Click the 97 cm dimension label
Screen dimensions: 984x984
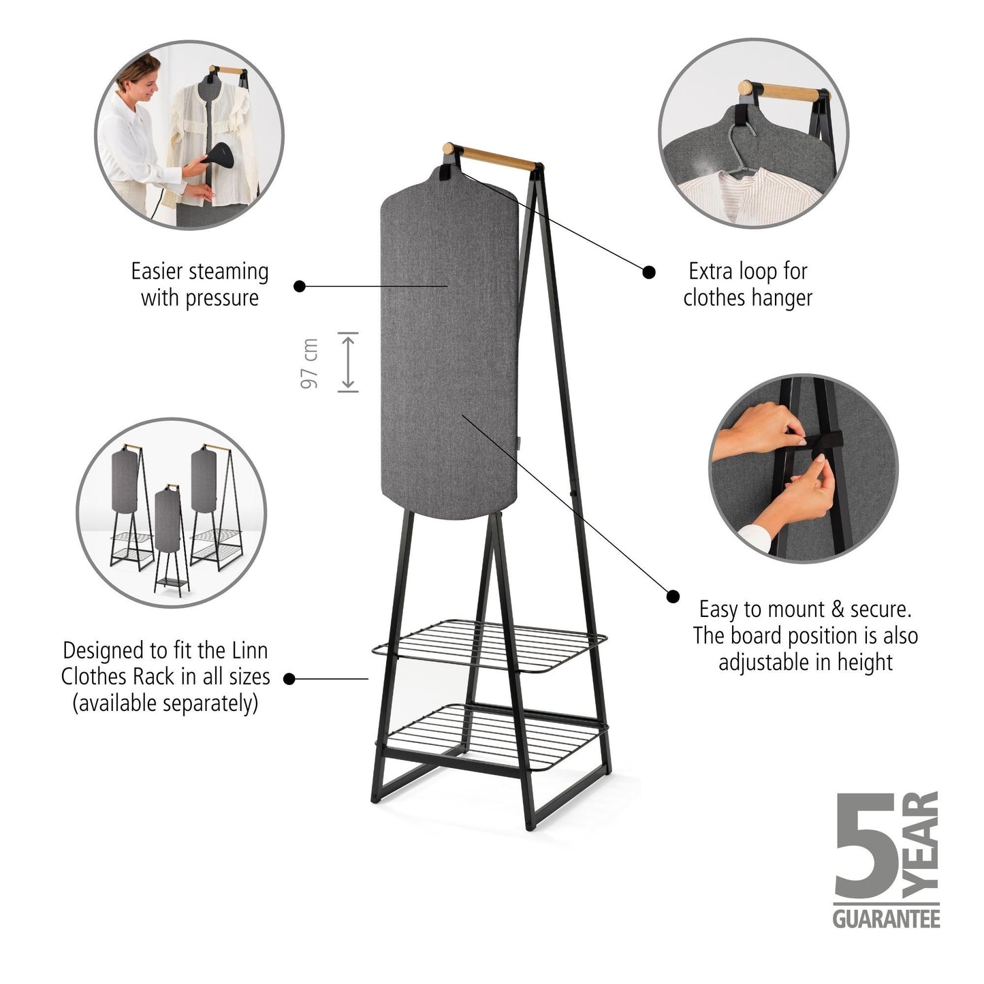[x=310, y=363]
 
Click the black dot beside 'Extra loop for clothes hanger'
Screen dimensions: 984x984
[x=649, y=272]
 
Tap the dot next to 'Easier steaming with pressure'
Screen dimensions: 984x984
[x=300, y=286]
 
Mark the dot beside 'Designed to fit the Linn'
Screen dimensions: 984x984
[x=289, y=678]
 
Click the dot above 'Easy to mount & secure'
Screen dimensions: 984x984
[x=673, y=596]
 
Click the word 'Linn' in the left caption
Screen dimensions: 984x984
[x=249, y=650]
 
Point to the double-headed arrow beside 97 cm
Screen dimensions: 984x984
[x=348, y=363]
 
